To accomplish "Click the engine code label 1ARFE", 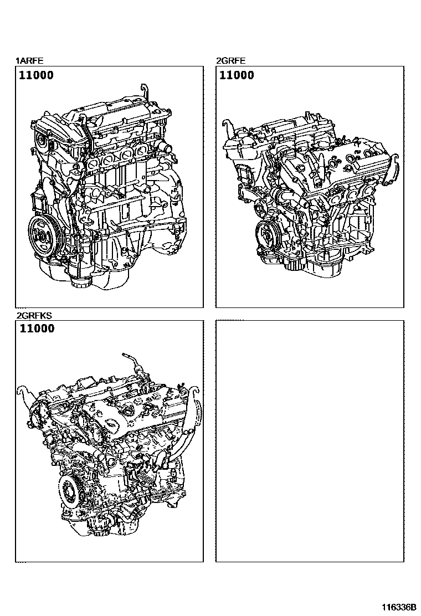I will coord(28,61).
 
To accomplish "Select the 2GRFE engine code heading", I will coord(230,61).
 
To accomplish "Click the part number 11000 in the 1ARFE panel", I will coord(37,75).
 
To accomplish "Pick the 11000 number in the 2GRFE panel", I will coord(237,75).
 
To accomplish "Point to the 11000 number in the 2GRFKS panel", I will coord(37,328).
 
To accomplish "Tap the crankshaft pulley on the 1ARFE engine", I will coord(42,236).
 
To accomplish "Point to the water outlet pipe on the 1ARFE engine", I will coord(165,148).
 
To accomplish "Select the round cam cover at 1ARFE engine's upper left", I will coord(40,143).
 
